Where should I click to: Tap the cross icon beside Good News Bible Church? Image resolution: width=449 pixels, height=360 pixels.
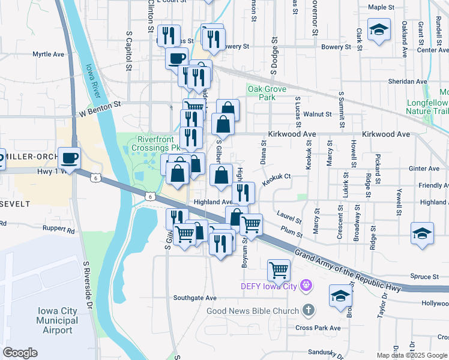click(x=308, y=310)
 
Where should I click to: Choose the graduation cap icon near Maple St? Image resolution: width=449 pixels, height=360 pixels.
click(x=379, y=30)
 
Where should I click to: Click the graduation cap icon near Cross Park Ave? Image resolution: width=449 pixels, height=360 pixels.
click(x=340, y=296)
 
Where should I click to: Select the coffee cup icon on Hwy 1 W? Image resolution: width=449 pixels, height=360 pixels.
click(x=70, y=158)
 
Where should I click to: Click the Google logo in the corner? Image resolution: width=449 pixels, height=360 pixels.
click(x=20, y=353)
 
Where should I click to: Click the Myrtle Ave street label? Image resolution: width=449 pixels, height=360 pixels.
click(x=49, y=54)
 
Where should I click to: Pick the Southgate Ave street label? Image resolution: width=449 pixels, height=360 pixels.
click(x=194, y=298)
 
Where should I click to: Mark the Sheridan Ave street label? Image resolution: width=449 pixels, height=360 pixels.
click(x=408, y=81)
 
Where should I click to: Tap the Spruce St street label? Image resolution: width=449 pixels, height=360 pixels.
click(x=426, y=277)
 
